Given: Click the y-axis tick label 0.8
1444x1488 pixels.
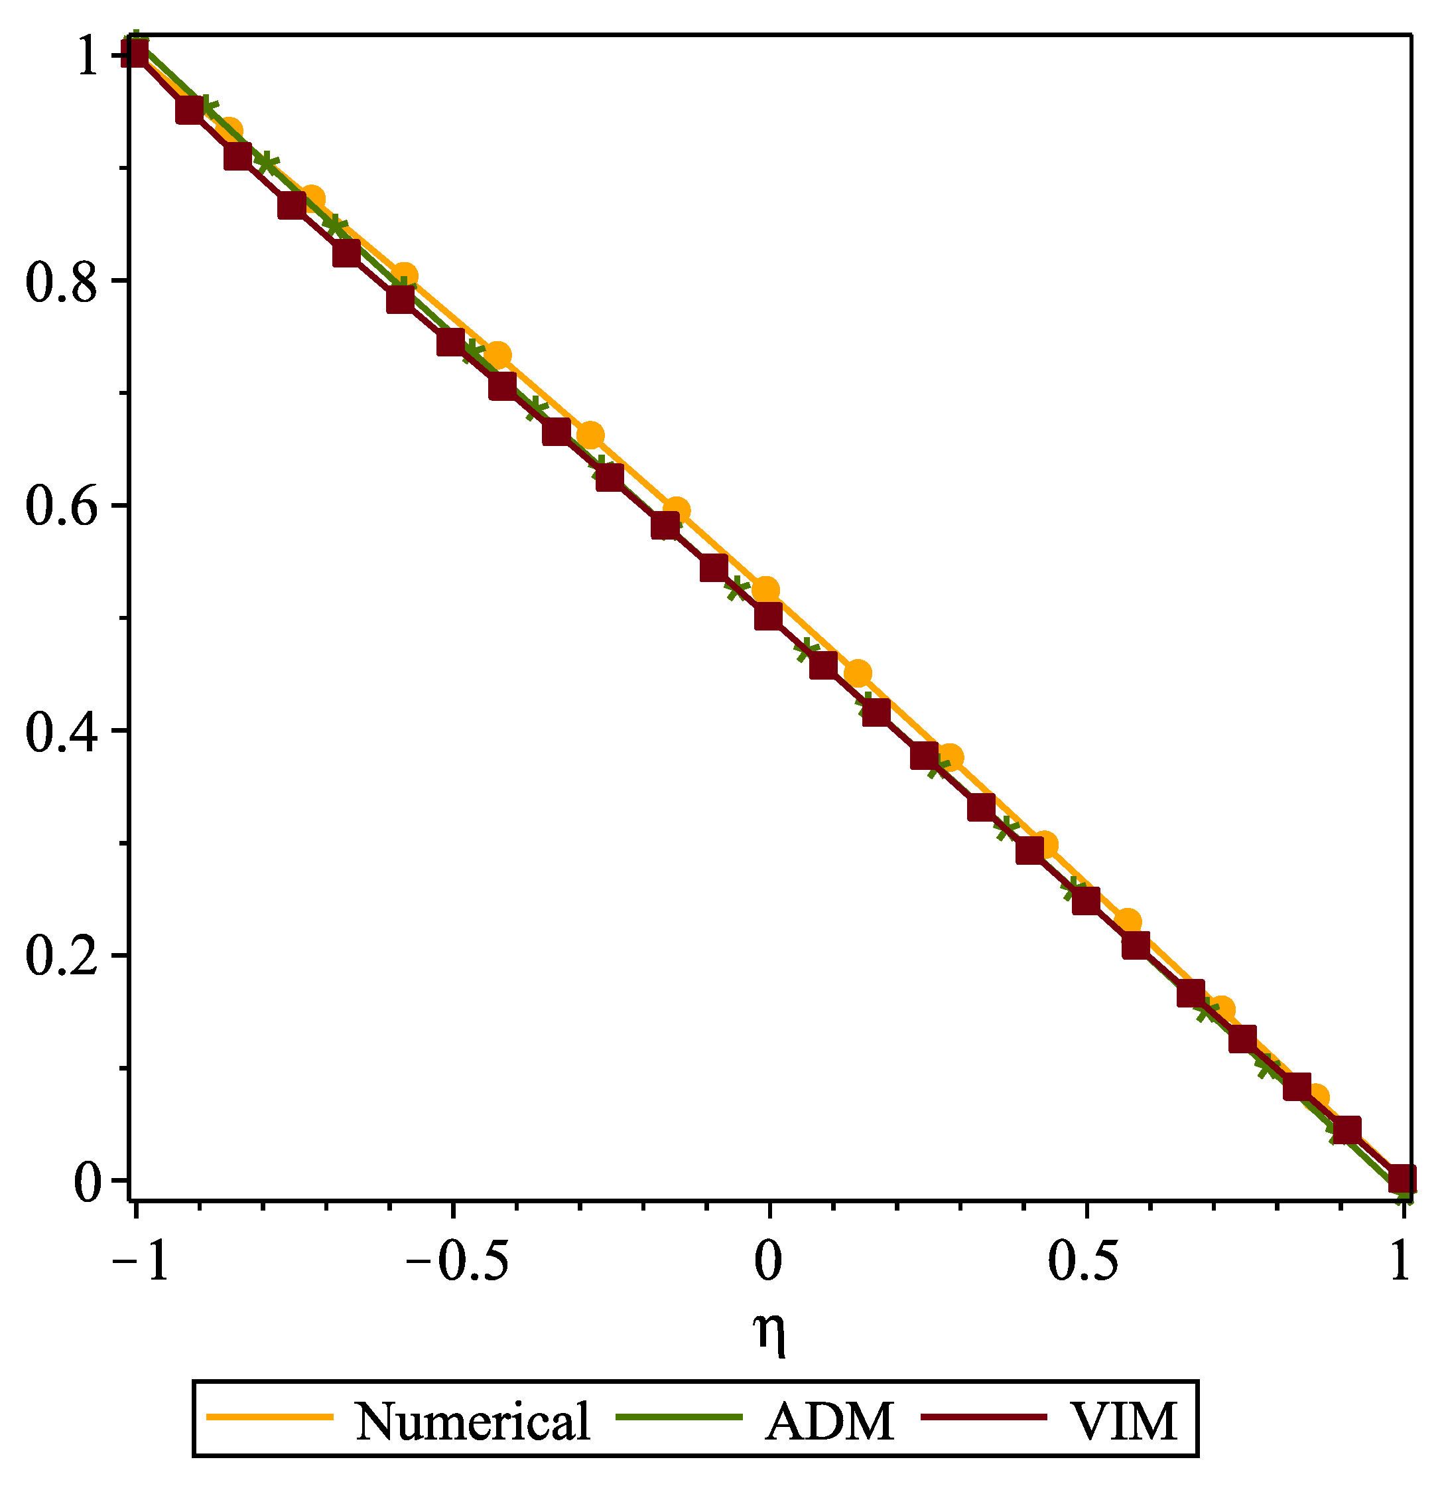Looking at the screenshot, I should coord(62,283).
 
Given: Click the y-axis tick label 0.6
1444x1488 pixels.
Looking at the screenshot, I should coord(62,507).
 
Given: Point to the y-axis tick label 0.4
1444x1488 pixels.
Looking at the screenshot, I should coord(62,733).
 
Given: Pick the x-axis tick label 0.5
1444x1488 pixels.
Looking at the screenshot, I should coord(1086,1262).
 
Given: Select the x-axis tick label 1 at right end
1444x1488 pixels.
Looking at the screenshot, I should coord(1400,1262).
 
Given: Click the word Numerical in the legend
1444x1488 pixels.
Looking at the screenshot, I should coord(473,1421).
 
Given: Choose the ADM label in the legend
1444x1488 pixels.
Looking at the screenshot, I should coord(829,1421).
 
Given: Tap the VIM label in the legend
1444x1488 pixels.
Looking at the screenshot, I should coord(1123,1421).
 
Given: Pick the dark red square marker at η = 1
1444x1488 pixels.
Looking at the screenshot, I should coord(1401,1179).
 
